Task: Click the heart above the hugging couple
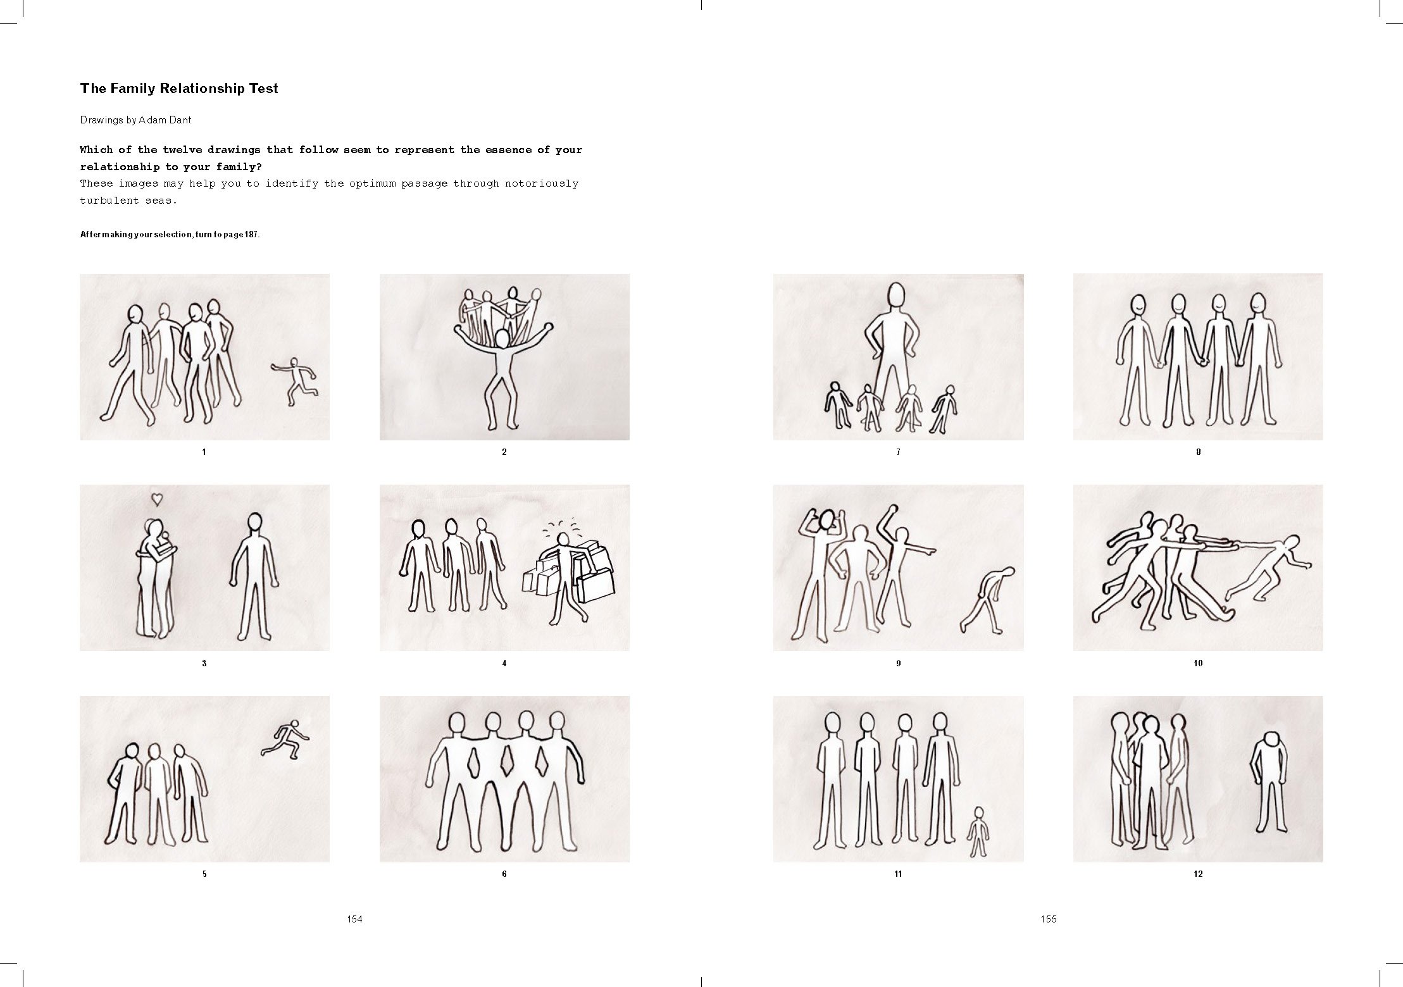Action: pyautogui.click(x=157, y=500)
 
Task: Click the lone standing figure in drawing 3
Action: pyautogui.click(x=254, y=575)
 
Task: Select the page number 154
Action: pyautogui.click(x=354, y=919)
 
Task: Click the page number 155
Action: pyautogui.click(x=1049, y=919)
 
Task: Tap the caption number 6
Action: pyautogui.click(x=504, y=874)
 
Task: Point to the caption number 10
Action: pyautogui.click(x=1197, y=663)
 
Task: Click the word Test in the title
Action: pyautogui.click(x=263, y=89)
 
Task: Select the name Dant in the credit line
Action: pyautogui.click(x=179, y=120)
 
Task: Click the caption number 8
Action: pyautogui.click(x=1198, y=452)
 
